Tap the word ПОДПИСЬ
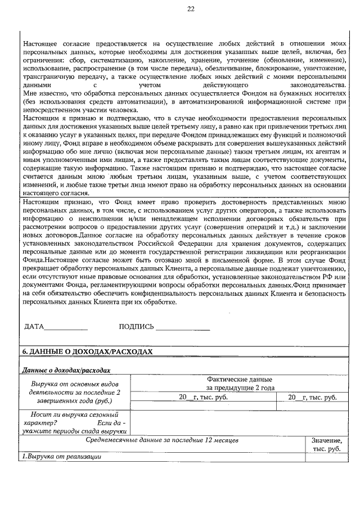click(136, 327)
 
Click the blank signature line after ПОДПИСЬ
click(182, 328)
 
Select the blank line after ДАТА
click(66, 328)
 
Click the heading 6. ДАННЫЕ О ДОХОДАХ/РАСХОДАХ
click(87, 351)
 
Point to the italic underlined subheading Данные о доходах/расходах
click(66, 371)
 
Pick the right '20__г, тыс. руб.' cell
click(312, 397)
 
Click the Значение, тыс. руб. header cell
click(326, 444)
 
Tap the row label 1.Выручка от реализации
click(61, 456)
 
